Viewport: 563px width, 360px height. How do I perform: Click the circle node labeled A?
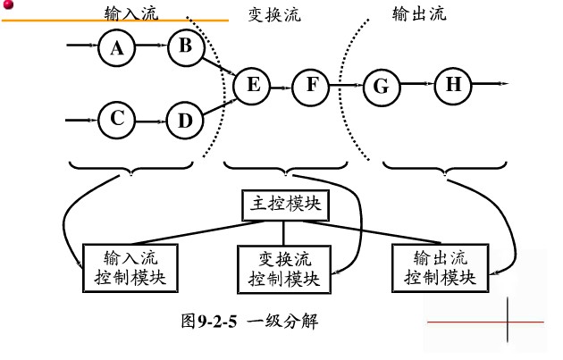[116, 49]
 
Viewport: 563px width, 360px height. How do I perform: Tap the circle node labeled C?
[116, 119]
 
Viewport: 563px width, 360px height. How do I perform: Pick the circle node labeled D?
[185, 121]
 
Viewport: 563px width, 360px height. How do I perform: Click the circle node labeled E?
[251, 87]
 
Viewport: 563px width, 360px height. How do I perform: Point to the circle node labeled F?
[311, 87]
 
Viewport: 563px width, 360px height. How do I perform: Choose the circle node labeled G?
[381, 87]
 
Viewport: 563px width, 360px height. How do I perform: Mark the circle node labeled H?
[453, 86]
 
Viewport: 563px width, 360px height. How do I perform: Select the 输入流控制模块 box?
[130, 266]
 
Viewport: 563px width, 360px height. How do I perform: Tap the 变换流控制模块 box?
[283, 267]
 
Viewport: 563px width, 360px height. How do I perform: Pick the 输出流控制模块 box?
[439, 265]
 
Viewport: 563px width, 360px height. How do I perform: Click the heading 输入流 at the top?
[130, 13]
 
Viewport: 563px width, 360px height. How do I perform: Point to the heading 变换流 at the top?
[274, 14]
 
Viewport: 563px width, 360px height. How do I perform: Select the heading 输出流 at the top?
[419, 14]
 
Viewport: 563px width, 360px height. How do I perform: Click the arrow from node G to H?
[416, 86]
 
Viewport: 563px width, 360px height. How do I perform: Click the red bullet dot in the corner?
[5, 4]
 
